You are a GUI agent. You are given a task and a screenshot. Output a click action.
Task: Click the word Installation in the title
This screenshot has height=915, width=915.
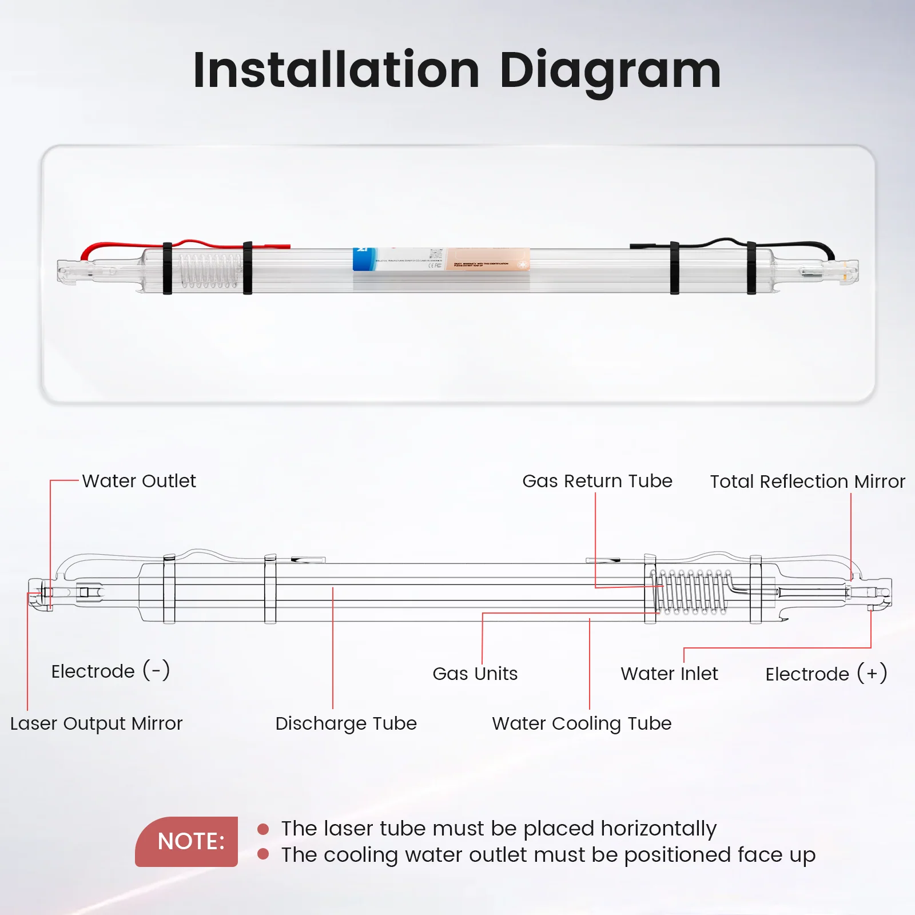click(336, 70)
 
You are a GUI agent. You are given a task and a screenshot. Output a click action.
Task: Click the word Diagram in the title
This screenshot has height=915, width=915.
click(610, 71)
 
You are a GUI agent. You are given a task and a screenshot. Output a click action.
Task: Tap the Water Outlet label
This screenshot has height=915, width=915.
click(139, 481)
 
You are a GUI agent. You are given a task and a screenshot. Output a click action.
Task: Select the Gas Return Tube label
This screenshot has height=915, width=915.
click(597, 481)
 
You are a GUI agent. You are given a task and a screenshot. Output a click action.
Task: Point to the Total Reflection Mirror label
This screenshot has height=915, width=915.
click(807, 482)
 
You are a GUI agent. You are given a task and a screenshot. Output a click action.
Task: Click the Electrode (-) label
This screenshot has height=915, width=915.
click(110, 671)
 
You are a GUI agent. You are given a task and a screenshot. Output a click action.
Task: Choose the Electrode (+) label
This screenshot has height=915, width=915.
click(826, 674)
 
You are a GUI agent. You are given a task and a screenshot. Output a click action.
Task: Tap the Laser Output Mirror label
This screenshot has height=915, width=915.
click(96, 723)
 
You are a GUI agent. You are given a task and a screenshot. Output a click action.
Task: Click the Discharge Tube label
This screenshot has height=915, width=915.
click(346, 723)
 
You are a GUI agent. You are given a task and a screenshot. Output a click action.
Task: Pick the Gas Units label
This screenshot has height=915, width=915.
click(475, 674)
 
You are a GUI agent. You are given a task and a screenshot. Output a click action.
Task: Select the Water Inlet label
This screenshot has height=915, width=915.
click(669, 674)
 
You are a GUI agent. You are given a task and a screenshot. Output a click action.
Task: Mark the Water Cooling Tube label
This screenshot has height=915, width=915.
click(582, 723)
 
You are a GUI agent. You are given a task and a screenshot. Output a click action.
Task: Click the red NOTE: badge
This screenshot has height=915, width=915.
click(187, 841)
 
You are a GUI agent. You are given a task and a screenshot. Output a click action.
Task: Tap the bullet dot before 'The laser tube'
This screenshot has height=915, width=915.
click(263, 829)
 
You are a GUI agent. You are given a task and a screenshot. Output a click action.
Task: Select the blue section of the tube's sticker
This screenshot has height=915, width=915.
click(364, 259)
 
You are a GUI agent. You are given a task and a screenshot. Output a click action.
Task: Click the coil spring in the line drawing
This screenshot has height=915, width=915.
click(691, 592)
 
